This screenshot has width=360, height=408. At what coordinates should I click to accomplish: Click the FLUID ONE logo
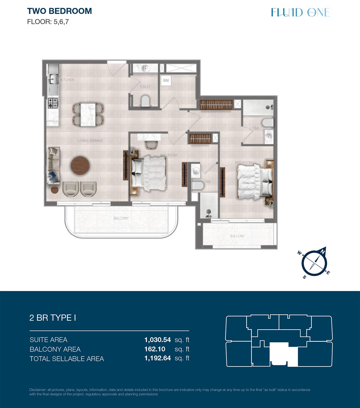click(300, 12)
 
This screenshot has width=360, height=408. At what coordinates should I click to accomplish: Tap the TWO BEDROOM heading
click(59, 11)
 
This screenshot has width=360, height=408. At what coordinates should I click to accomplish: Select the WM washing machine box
click(166, 81)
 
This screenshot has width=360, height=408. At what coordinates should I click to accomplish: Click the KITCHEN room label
click(67, 80)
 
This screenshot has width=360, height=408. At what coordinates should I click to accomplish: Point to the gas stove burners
click(53, 103)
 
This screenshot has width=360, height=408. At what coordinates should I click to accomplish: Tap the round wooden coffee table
click(80, 166)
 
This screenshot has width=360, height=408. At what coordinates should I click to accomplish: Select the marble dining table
click(88, 115)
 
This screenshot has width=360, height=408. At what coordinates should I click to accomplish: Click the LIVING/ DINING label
click(90, 140)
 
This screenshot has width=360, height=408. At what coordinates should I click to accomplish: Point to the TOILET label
click(145, 87)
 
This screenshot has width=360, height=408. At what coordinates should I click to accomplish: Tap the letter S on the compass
click(304, 277)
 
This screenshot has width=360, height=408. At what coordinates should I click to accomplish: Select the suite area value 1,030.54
click(158, 340)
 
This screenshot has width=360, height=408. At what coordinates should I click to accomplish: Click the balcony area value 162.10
click(155, 349)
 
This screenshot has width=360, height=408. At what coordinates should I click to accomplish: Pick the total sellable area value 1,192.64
click(158, 358)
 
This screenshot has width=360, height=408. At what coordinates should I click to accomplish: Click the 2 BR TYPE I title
click(53, 318)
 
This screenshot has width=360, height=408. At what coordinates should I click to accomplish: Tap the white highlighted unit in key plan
click(284, 354)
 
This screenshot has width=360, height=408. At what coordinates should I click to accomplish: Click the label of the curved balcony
click(121, 218)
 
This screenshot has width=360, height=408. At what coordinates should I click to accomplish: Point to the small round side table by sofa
click(55, 190)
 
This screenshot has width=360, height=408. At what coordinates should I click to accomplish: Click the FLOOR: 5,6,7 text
click(48, 22)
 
